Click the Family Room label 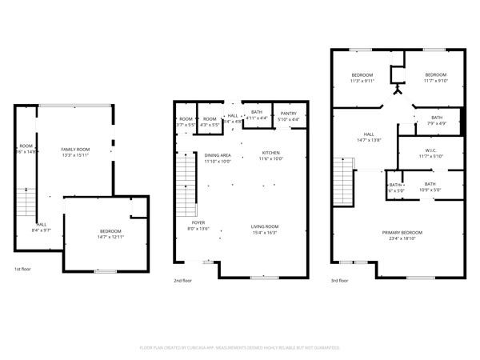point(76,150)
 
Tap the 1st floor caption point(24,269)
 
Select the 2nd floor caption point(183,281)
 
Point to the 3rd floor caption point(339,281)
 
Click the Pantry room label point(288,114)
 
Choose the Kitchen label point(271,153)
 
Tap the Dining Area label point(217,155)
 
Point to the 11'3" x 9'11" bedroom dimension point(362,81)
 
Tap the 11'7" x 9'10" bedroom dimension point(435,81)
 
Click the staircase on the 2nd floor point(186,180)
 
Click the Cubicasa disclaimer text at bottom point(240,348)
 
